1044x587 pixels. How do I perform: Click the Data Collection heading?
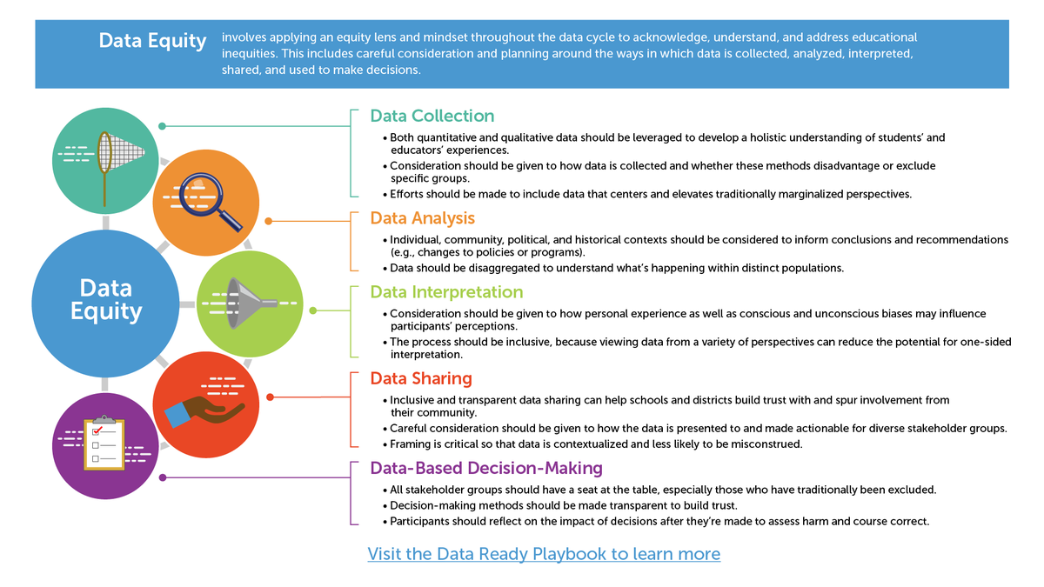click(x=432, y=117)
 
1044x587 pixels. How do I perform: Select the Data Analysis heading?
click(x=424, y=218)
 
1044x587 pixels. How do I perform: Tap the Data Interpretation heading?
click(x=446, y=292)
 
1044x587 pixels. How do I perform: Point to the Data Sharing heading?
click(x=421, y=378)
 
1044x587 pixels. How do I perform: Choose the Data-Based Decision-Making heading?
click(x=486, y=469)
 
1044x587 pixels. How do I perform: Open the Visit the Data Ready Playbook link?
click(x=544, y=554)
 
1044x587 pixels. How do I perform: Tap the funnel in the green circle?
click(x=247, y=301)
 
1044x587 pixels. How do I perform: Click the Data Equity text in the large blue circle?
click(x=106, y=299)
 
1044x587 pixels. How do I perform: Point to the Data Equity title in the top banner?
click(x=152, y=41)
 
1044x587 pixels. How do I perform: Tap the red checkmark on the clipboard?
click(x=97, y=430)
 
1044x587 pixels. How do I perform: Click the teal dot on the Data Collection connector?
click(x=162, y=126)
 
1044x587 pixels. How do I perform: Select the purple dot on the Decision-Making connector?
click(x=162, y=477)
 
